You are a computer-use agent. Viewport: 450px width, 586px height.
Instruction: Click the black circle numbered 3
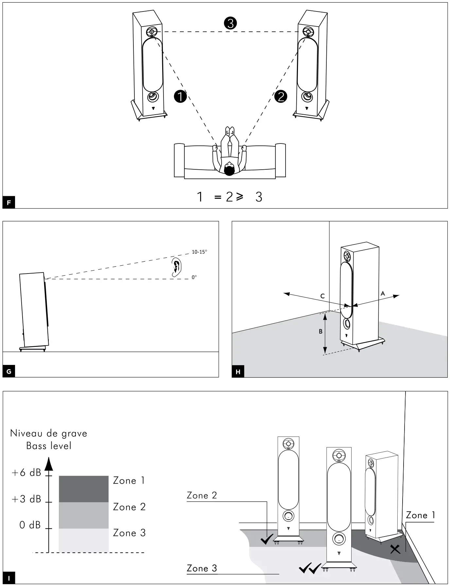[x=231, y=23]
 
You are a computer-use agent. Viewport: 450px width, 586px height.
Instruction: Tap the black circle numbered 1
[x=180, y=97]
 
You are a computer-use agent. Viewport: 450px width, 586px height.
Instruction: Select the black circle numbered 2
[x=281, y=97]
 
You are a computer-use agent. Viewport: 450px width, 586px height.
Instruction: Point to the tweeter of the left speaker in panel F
[x=152, y=32]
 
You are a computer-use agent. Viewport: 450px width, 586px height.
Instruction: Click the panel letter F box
[x=9, y=203]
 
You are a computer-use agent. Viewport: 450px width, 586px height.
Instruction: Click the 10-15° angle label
[x=199, y=252]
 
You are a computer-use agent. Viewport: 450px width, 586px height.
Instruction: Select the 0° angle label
[x=194, y=277]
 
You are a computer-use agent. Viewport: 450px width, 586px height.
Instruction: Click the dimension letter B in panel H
[x=320, y=331]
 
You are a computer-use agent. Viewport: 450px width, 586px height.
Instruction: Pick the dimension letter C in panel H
[x=322, y=296]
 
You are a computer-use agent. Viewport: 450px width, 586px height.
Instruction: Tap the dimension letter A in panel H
[x=383, y=294]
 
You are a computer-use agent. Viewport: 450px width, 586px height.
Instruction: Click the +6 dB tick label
[x=26, y=473]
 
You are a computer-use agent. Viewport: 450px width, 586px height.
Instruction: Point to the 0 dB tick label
[x=30, y=525]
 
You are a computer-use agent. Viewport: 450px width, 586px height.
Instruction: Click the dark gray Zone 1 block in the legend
[x=83, y=489]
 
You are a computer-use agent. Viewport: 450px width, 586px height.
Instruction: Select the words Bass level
[x=49, y=446]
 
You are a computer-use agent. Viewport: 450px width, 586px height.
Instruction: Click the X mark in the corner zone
[x=395, y=549]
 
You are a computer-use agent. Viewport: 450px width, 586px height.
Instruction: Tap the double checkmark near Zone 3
[x=309, y=568]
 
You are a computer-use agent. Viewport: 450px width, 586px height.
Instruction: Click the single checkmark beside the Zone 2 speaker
[x=267, y=539]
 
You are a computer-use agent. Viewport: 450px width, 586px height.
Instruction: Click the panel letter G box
[x=9, y=371]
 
